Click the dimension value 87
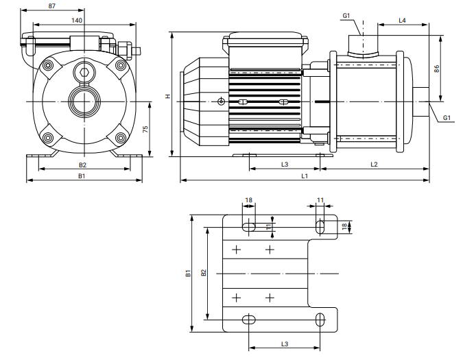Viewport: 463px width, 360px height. tap(53, 5)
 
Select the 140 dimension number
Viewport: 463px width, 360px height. tap(78, 21)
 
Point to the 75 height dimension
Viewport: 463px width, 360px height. tap(145, 130)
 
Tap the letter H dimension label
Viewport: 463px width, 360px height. tap(167, 96)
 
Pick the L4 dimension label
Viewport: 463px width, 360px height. tap(403, 21)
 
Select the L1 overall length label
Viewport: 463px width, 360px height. tap(304, 177)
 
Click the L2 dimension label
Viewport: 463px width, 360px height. tap(375, 164)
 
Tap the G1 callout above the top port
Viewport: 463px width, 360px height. tap(346, 14)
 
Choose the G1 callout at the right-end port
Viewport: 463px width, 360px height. tap(447, 118)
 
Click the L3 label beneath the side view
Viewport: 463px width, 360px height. tap(284, 164)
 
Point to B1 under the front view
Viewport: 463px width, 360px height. tap(81, 177)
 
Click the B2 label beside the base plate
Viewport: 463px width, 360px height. tap(204, 272)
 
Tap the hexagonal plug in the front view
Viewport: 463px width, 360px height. tap(84, 74)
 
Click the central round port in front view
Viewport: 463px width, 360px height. tap(84, 101)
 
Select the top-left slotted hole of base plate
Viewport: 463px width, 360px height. tap(248, 226)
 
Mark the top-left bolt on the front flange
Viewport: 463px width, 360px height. tap(48, 66)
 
